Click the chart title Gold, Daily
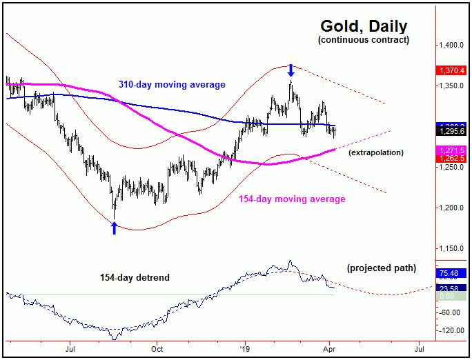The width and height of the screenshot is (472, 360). (x=364, y=26)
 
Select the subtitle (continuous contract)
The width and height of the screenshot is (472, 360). (x=364, y=40)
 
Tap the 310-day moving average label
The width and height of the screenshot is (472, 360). (x=168, y=85)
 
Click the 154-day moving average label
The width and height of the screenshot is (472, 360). (x=292, y=199)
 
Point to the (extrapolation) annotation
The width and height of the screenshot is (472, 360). (x=376, y=152)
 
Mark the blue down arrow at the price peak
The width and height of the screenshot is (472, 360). (x=291, y=70)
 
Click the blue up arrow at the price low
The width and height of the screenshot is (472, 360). (x=115, y=227)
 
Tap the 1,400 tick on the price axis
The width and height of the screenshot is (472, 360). (x=452, y=46)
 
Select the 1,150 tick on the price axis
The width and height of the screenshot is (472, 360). (x=452, y=248)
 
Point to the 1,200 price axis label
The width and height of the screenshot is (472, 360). (x=452, y=208)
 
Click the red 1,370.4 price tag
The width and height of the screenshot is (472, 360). (x=453, y=70)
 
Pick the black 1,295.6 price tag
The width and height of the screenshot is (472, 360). (x=453, y=131)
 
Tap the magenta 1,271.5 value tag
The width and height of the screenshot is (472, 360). (x=453, y=150)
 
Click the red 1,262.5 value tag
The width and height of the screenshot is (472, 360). (x=453, y=158)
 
